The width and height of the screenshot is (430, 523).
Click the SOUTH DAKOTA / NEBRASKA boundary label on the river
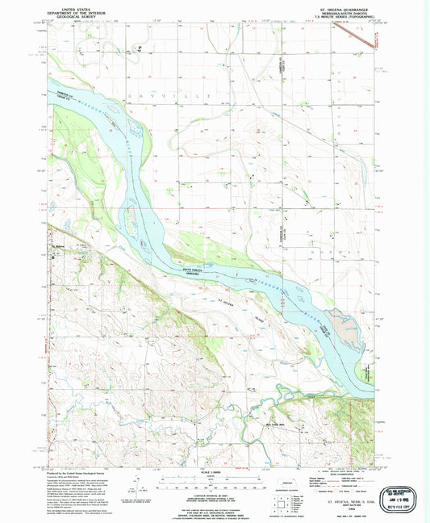pos(192,271)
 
